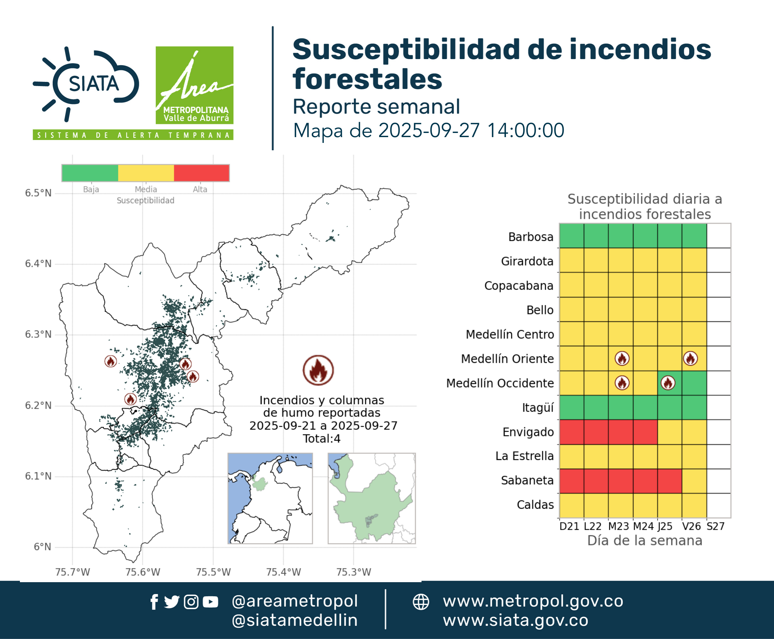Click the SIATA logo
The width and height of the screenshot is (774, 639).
click(x=86, y=84)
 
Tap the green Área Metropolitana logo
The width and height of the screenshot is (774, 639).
click(x=194, y=85)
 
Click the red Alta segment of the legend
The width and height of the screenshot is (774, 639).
click(x=201, y=173)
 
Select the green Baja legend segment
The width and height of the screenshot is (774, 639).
click(x=90, y=173)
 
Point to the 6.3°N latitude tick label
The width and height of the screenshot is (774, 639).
click(x=38, y=334)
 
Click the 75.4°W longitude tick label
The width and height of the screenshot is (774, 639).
click(x=283, y=572)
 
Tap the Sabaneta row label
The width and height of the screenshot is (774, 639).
click(x=527, y=480)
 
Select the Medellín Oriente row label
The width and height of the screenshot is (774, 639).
click(x=507, y=359)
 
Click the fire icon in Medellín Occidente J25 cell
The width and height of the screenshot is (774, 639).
click(x=668, y=383)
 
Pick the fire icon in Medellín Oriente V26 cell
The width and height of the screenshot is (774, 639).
click(x=690, y=359)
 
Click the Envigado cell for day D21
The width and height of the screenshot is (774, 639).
click(x=571, y=432)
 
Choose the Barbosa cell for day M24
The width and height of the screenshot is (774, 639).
click(x=645, y=236)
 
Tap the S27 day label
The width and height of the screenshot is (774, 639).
click(x=716, y=526)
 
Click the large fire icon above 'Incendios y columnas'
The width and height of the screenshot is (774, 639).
click(x=318, y=370)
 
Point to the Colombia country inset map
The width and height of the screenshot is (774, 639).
click(x=270, y=498)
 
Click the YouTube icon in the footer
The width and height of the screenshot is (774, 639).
click(x=210, y=602)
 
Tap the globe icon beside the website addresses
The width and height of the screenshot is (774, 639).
click(x=421, y=602)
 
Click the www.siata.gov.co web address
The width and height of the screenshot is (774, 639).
click(x=516, y=620)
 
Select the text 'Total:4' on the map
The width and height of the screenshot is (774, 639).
click(x=322, y=438)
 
